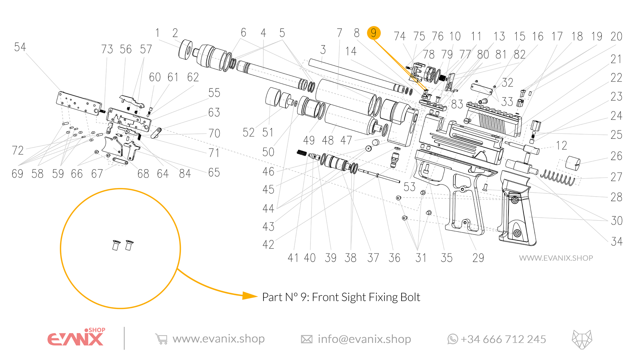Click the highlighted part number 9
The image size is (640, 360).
coord(374,33)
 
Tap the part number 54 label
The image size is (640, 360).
coord(20,47)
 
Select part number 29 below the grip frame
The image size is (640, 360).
coord(478,258)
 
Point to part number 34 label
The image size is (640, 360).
coord(617,242)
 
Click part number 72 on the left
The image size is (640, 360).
coord(18,151)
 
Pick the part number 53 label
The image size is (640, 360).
coord(409,187)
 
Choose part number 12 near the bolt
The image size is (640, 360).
coord(561,145)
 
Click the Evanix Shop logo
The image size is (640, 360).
coord(76,337)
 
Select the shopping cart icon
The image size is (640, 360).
coord(161,339)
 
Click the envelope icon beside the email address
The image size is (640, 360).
coord(307,339)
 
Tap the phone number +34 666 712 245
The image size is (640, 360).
coord(503,339)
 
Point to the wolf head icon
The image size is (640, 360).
coord(582,339)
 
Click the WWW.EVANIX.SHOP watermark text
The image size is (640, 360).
coord(556,258)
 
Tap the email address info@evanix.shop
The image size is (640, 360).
coord(364,339)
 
